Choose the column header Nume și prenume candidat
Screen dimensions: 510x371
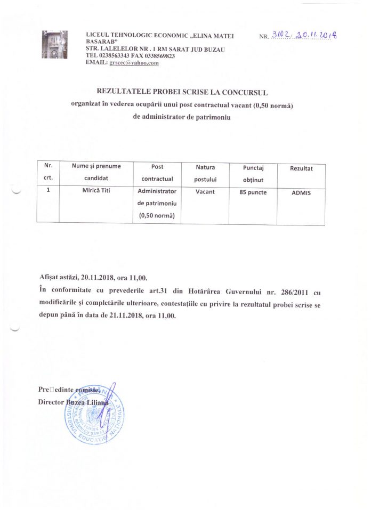[96, 172]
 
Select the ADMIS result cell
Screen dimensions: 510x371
[301, 192]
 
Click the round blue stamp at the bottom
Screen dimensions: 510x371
[96, 416]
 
